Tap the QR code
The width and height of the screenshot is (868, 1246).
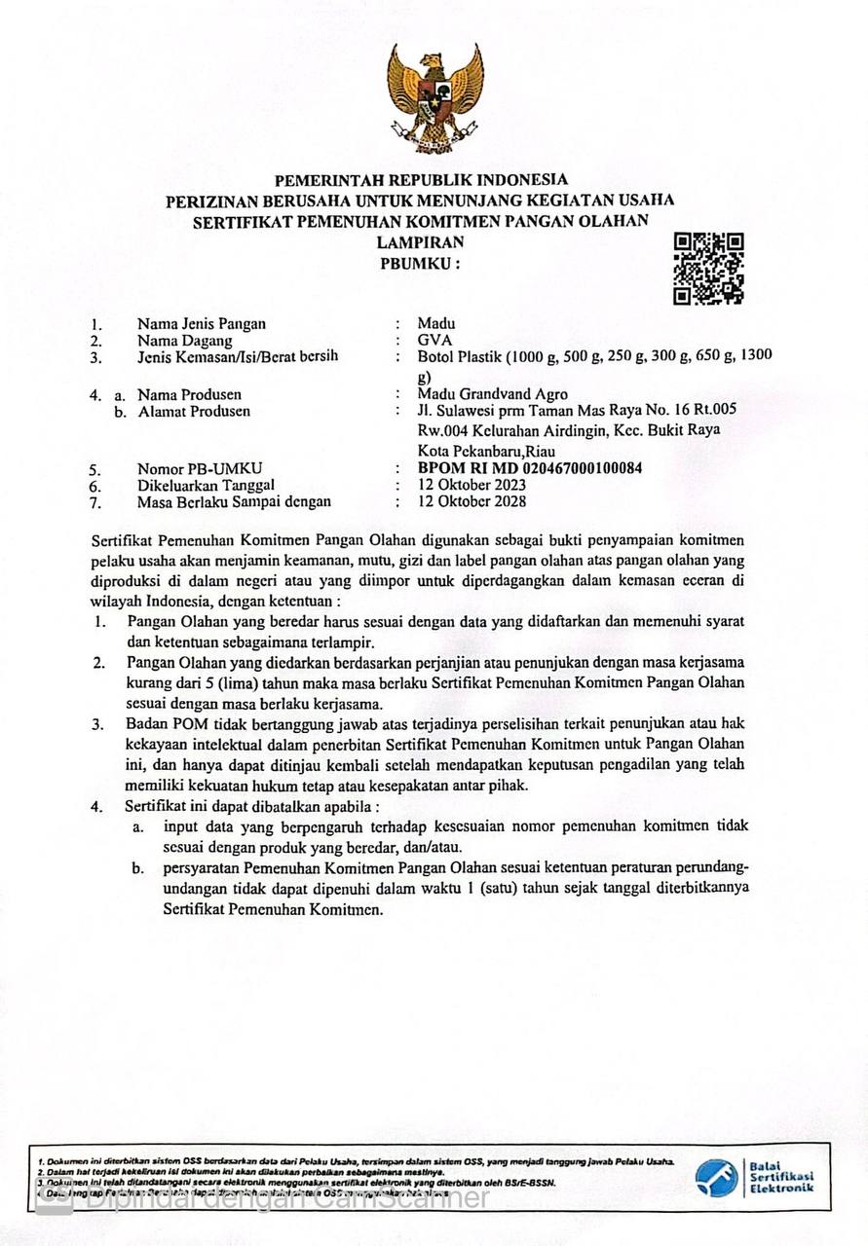709,269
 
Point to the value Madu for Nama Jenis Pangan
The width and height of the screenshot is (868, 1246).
435,323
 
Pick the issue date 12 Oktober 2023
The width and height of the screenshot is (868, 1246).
472,485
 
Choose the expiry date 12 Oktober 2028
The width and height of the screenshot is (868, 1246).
472,501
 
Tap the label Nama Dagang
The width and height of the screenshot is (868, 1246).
184,341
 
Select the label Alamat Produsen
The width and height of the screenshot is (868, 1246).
194,411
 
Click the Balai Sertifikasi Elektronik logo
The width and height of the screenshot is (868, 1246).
755,1177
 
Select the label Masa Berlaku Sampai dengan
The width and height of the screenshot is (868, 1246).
234,501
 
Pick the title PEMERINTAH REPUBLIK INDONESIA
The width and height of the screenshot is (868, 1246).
420,180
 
